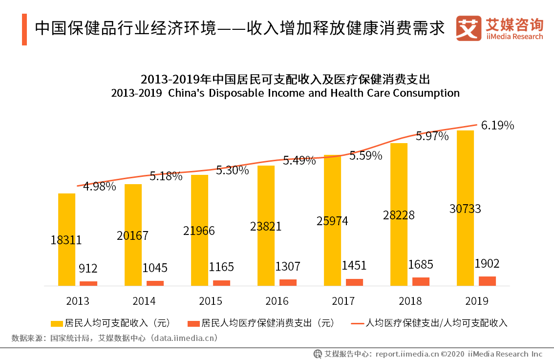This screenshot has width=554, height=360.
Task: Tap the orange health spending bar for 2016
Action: (x=288, y=282)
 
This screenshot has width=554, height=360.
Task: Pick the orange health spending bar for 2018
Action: (x=421, y=281)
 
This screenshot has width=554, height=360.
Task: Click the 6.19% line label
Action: (x=497, y=126)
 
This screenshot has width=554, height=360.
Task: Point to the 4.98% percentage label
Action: (x=99, y=186)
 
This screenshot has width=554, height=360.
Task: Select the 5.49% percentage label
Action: (x=299, y=160)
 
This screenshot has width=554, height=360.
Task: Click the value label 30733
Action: (x=465, y=209)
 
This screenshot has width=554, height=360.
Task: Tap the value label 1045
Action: (x=155, y=268)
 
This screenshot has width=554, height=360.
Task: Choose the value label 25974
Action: (x=332, y=221)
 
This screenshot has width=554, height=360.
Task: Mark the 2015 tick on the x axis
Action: (x=211, y=301)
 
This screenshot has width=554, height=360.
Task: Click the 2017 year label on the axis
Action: (x=343, y=301)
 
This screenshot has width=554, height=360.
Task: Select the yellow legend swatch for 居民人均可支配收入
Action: (x=57, y=323)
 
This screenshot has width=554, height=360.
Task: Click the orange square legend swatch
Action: (x=194, y=323)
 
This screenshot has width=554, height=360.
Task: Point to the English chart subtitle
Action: (x=285, y=93)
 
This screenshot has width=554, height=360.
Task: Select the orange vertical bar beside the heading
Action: (x=24, y=29)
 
